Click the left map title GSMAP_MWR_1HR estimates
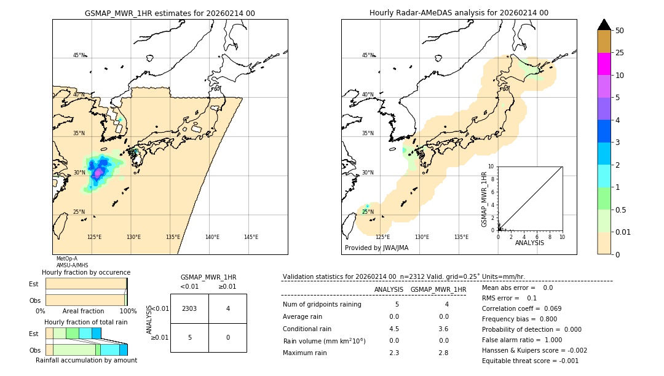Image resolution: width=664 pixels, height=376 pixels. point(170,13)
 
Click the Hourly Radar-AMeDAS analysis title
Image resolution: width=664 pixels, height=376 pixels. point(459,13)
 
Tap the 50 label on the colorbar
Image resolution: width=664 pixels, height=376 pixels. point(620,31)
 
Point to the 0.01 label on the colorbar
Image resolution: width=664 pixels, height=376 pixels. point(624,232)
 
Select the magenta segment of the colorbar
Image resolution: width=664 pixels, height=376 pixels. point(604,64)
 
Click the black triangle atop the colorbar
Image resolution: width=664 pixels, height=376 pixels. point(604,25)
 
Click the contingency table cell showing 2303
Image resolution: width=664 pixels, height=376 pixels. point(189,308)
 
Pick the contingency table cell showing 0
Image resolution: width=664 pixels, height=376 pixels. point(227,337)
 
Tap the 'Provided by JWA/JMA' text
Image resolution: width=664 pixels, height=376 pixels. point(376,248)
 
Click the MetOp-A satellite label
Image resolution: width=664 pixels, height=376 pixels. point(66,259)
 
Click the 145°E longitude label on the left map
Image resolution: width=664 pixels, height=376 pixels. point(251,237)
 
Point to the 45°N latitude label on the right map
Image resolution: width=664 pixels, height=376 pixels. point(368,55)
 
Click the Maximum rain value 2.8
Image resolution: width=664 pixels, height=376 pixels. point(443,353)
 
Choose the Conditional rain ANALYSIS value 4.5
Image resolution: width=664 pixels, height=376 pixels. point(394,329)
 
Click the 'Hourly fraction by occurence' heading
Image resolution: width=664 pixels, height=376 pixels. point(86,272)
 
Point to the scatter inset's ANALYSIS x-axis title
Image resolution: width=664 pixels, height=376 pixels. point(529,243)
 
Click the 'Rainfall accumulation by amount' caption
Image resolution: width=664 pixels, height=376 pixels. point(86,360)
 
